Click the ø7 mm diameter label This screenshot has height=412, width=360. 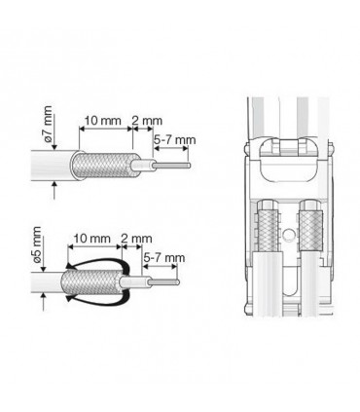point(48,125)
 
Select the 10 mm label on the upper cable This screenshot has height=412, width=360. point(102,121)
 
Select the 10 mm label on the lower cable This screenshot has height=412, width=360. point(91,239)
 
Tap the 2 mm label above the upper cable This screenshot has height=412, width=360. point(147,121)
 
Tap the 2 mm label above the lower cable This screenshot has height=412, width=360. point(136,239)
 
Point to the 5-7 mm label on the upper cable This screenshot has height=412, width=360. point(175,140)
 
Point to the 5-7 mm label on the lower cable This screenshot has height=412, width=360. point(164,258)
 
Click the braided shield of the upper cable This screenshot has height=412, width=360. point(104,165)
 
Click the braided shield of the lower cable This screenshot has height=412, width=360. point(90,282)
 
